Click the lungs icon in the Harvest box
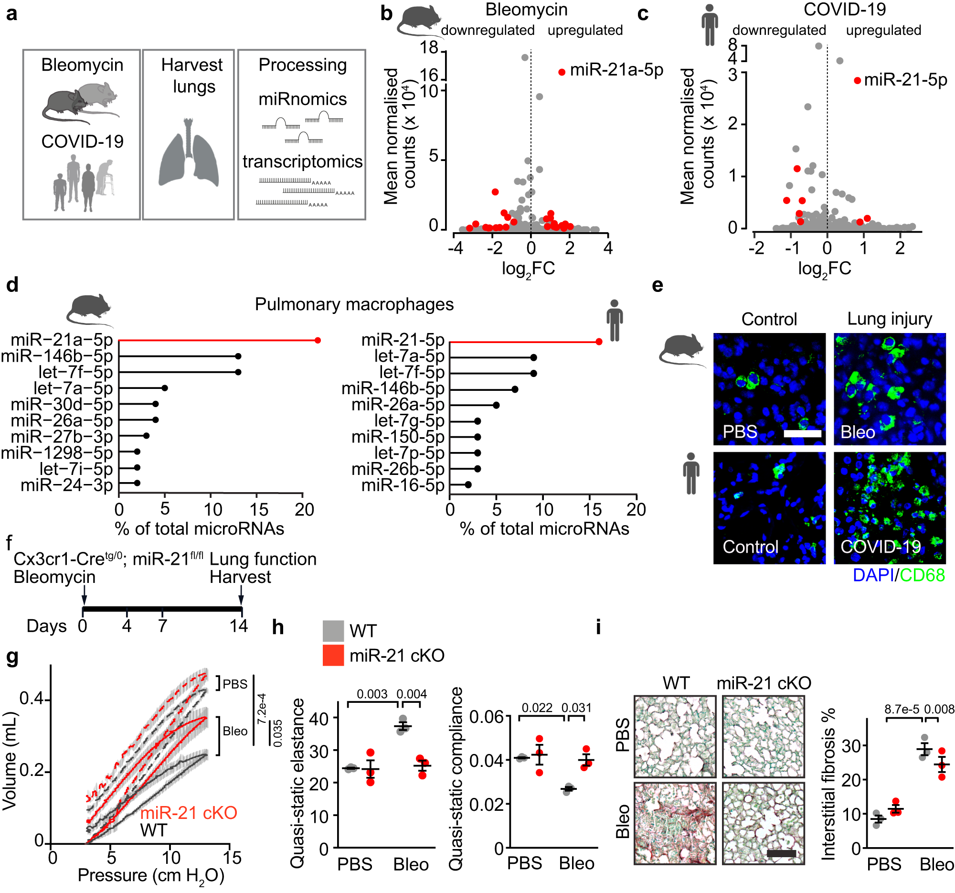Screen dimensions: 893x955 click(188, 154)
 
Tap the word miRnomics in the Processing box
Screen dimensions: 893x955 click(302, 99)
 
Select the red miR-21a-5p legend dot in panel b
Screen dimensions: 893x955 click(562, 72)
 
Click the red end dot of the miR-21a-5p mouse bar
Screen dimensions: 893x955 click(318, 340)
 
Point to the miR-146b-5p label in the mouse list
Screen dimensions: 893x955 click(57, 356)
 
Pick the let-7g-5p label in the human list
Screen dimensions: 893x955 click(409, 421)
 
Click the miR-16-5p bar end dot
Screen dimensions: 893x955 click(468, 485)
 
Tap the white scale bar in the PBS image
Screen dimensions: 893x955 click(802, 433)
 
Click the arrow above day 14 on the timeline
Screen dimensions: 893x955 click(241, 599)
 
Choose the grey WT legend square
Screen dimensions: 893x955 click(333, 631)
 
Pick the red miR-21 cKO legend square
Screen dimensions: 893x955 click(333, 656)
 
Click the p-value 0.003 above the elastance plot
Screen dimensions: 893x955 click(372, 694)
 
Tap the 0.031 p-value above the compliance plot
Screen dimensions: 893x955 click(576, 708)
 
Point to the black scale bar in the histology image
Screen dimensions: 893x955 click(782, 854)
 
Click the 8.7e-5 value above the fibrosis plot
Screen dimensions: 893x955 click(902, 710)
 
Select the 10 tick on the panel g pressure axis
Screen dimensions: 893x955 click(170, 858)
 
